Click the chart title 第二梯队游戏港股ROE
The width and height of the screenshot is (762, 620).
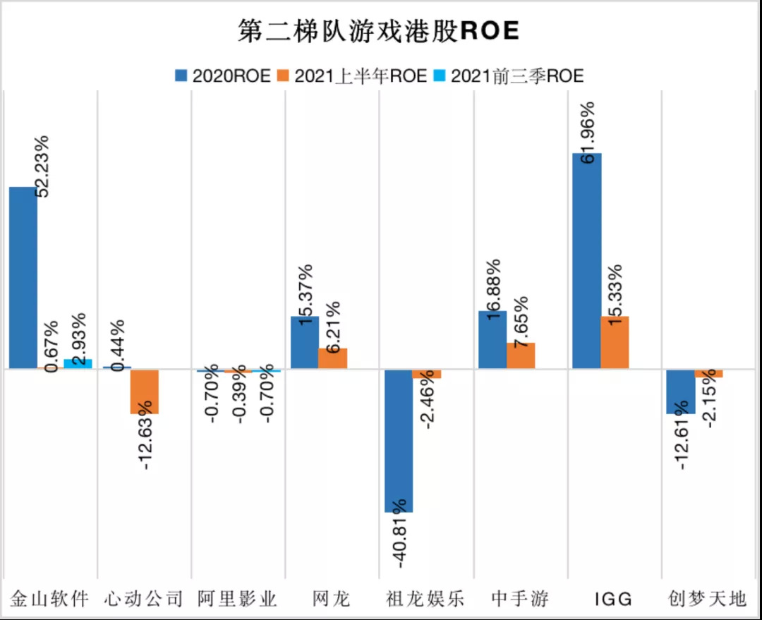(378, 31)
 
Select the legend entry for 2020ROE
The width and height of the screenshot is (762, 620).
(223, 75)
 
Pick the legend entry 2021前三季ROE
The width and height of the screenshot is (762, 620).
(509, 75)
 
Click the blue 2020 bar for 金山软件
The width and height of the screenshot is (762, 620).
(23, 277)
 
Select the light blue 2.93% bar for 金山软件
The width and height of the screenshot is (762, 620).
(78, 364)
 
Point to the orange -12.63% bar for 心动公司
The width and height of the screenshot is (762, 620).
(145, 391)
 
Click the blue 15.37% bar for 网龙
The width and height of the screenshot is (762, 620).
(304, 342)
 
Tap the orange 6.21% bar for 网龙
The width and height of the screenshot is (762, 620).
(332, 358)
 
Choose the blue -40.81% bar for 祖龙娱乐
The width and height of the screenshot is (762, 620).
(398, 440)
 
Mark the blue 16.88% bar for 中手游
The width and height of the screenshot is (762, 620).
(492, 339)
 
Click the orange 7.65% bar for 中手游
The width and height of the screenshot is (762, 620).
(521, 355)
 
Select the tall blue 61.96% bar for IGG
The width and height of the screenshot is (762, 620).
(586, 260)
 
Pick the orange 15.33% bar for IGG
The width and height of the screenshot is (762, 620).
(615, 342)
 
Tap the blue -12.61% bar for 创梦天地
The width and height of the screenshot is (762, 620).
(680, 391)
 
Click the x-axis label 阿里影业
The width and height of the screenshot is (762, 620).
(237, 600)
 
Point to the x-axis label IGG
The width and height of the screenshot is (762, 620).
(612, 600)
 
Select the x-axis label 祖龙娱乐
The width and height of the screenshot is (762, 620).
(425, 600)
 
